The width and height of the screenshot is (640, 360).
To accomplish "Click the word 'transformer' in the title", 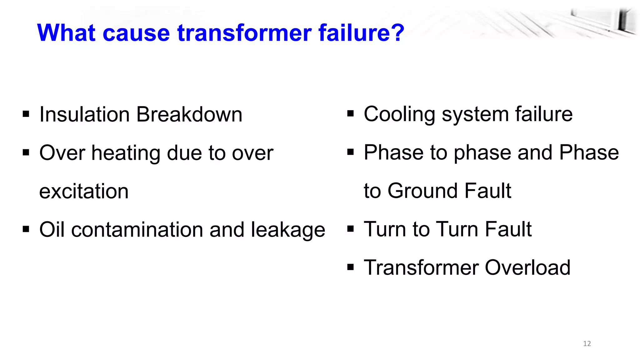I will (245, 33).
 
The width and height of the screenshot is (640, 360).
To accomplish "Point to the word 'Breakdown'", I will (189, 114).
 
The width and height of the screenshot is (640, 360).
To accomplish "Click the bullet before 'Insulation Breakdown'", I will (26, 114).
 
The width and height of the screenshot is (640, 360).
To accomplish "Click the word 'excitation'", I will (84, 191).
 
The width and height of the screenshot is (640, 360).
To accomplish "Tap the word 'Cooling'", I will (399, 114).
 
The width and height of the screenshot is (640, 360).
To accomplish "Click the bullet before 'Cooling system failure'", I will (350, 114).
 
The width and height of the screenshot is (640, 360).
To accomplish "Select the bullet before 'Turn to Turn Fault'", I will (350, 229).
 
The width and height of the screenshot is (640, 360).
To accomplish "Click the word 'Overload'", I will (527, 268).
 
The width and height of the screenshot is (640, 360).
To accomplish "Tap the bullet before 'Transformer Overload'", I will (350, 267).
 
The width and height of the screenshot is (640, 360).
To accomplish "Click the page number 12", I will (587, 344).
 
